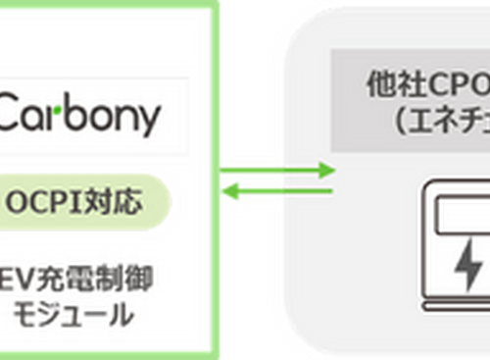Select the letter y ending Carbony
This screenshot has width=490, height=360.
[x=147, y=122]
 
